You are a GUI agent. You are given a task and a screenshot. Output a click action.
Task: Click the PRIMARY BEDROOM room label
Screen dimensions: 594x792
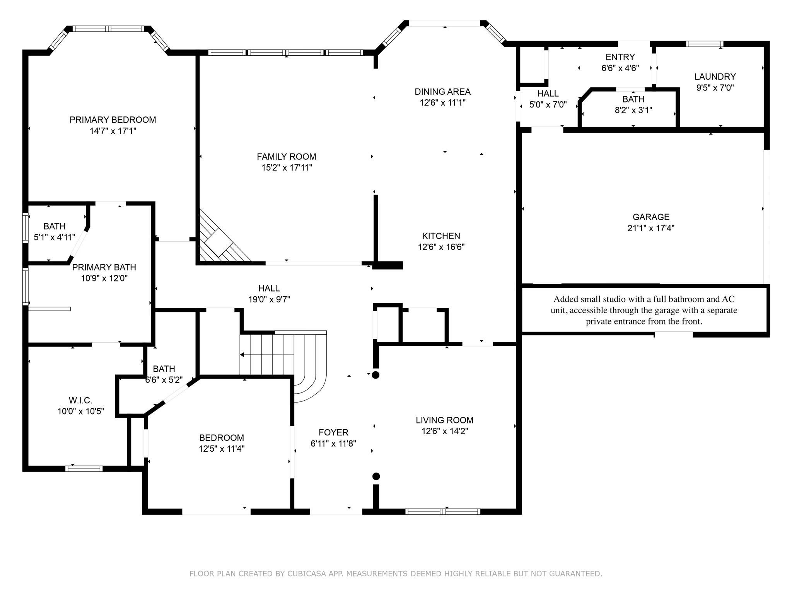pos(113,120)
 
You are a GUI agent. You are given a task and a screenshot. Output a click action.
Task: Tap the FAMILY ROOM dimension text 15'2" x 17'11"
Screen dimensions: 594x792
pos(286,167)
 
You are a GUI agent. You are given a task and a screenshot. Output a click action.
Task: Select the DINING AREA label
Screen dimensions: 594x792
pos(442,92)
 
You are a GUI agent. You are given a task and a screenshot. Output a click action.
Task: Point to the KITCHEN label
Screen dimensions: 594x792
pos(441,236)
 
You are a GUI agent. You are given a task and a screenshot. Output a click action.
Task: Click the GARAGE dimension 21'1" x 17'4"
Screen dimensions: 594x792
pos(650,228)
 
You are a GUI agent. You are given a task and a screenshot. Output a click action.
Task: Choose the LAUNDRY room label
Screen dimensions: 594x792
pos(715,77)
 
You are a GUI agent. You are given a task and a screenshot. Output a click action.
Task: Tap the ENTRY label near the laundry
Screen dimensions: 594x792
pos(620,57)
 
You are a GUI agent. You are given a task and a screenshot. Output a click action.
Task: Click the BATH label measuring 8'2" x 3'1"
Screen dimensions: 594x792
pos(633,99)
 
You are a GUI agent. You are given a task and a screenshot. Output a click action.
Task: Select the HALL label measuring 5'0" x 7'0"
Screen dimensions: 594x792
pos(548,94)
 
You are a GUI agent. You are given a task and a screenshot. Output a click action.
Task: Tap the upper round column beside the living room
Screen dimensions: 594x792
pos(376,375)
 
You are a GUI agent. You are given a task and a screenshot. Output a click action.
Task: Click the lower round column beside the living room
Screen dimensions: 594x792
pos(376,476)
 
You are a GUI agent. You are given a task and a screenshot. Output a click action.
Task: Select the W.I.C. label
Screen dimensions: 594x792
pos(80,400)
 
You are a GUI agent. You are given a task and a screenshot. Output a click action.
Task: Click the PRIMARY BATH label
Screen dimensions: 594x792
pos(104,267)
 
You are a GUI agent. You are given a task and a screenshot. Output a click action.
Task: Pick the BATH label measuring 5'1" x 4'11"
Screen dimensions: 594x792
pos(55,226)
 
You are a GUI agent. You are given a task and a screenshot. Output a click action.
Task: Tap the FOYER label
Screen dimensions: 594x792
pos(333,432)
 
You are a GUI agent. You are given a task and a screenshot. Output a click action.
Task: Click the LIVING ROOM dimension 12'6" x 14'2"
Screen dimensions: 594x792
pos(444,431)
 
